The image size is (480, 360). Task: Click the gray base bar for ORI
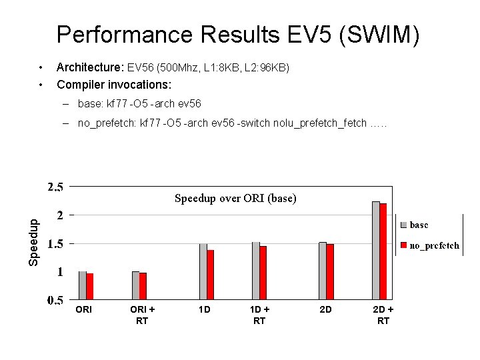[83, 285]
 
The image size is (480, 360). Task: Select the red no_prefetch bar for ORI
[90, 286]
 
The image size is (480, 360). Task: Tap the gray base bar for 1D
[203, 271]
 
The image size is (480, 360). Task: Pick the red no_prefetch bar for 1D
[211, 275]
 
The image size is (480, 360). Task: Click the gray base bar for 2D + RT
[376, 250]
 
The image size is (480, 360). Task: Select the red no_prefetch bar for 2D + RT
[383, 251]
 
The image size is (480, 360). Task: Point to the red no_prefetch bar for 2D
[330, 271]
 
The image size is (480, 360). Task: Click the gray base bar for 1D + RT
[256, 271]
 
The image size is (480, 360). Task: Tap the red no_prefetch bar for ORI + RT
[143, 286]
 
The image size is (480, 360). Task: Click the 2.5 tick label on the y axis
[55, 187]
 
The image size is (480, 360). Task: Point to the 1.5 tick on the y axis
[55, 244]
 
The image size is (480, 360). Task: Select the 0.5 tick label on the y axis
[55, 301]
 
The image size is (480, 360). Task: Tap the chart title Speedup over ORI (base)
[235, 198]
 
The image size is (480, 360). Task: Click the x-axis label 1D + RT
[259, 315]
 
